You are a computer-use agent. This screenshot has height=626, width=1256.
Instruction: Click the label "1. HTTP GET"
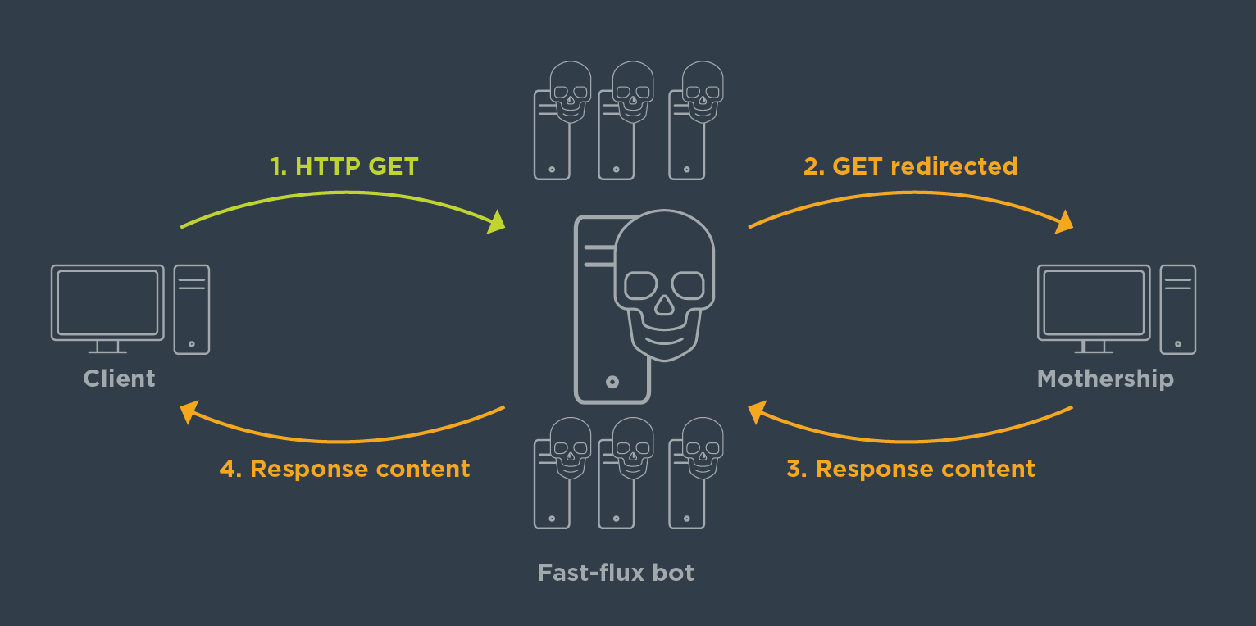(x=344, y=166)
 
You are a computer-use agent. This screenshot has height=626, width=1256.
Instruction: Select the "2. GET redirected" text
(x=910, y=166)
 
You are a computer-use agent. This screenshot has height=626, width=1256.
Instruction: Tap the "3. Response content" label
(x=910, y=469)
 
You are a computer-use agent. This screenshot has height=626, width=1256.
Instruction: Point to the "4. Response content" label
(x=344, y=469)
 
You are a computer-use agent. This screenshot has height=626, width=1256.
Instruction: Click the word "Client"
(x=119, y=379)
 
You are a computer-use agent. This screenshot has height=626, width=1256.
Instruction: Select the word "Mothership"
(x=1105, y=379)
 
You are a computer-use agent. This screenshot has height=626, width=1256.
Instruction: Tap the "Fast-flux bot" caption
(x=616, y=572)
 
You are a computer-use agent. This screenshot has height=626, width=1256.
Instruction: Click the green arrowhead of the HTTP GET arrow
(x=497, y=221)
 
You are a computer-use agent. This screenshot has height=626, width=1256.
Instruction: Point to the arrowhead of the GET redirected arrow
(x=1064, y=221)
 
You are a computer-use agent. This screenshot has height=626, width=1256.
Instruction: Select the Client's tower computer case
(x=192, y=309)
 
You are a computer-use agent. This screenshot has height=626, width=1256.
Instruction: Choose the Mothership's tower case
(x=1178, y=309)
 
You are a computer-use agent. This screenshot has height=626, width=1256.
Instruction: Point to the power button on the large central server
(x=612, y=382)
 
